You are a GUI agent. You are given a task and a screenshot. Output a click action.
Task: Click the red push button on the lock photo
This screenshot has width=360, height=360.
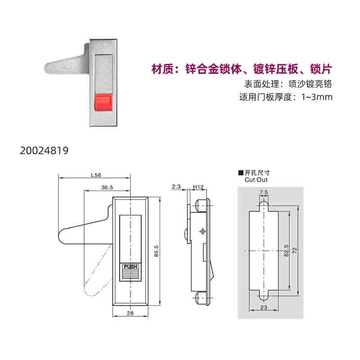(x=103, y=102)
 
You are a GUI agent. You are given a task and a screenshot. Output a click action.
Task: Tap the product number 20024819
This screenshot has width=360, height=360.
(x=44, y=151)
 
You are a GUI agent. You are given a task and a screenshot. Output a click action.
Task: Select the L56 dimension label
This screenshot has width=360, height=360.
(x=96, y=175)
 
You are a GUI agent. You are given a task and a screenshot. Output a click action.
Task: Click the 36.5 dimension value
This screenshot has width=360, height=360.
(x=107, y=187)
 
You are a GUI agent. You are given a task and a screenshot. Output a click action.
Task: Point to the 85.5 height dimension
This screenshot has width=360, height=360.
(x=156, y=251)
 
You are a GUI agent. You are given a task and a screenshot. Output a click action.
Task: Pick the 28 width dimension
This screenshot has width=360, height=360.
(x=130, y=313)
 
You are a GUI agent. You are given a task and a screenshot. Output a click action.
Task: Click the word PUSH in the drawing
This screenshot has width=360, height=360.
(x=130, y=267)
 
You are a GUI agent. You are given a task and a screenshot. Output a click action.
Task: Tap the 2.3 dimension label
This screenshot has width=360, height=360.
(x=176, y=187)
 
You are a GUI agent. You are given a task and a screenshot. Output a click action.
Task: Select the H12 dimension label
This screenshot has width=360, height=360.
(x=198, y=187)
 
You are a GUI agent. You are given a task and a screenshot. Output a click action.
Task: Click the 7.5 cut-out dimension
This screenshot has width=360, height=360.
(x=264, y=192)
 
